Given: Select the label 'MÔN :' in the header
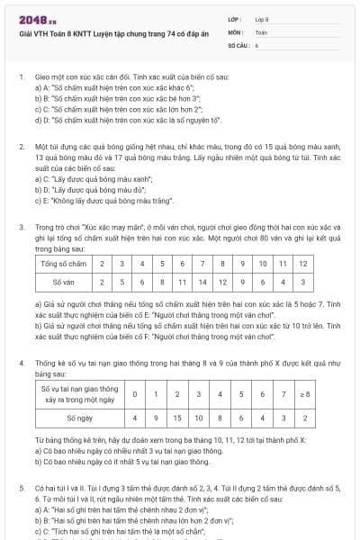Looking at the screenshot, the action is click(x=236, y=31).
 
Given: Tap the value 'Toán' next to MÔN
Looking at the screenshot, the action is click(x=261, y=31).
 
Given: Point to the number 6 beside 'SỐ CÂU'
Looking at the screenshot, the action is click(x=256, y=43).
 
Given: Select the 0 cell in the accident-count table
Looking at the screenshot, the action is click(x=135, y=394).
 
